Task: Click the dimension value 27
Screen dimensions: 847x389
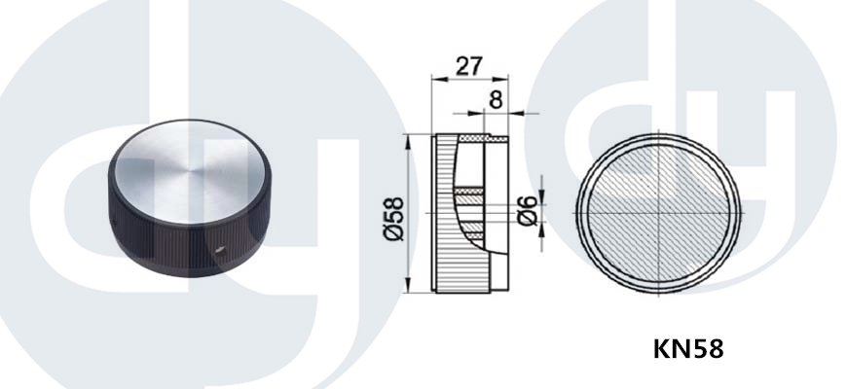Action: [x=468, y=66]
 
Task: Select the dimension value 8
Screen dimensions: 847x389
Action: [x=496, y=100]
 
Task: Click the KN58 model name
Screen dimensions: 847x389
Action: [x=687, y=348]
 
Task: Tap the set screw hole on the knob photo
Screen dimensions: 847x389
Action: [x=220, y=249]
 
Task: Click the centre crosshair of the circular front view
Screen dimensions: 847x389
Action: [x=658, y=213]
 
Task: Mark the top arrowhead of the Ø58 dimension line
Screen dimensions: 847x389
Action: [x=408, y=140]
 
